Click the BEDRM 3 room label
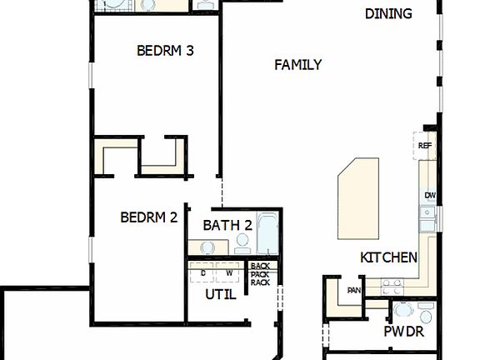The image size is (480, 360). click(165, 50)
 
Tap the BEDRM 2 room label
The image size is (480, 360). click(149, 217)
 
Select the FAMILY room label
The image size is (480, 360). click(297, 65)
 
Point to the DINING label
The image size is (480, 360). click(388, 13)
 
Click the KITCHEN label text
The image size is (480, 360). click(388, 257)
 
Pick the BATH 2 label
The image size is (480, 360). click(227, 225)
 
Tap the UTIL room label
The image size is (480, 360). click(221, 294)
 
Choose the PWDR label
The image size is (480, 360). click(404, 332)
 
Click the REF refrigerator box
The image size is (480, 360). click(425, 146)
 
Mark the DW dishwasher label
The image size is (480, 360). click(430, 196)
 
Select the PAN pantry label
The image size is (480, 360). click(354, 291)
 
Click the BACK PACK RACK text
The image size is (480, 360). click(260, 274)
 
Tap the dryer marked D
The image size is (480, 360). click(202, 272)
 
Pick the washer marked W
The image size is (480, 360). click(228, 272)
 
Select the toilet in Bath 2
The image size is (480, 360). click(242, 242)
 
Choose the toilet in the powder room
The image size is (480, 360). click(426, 312)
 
